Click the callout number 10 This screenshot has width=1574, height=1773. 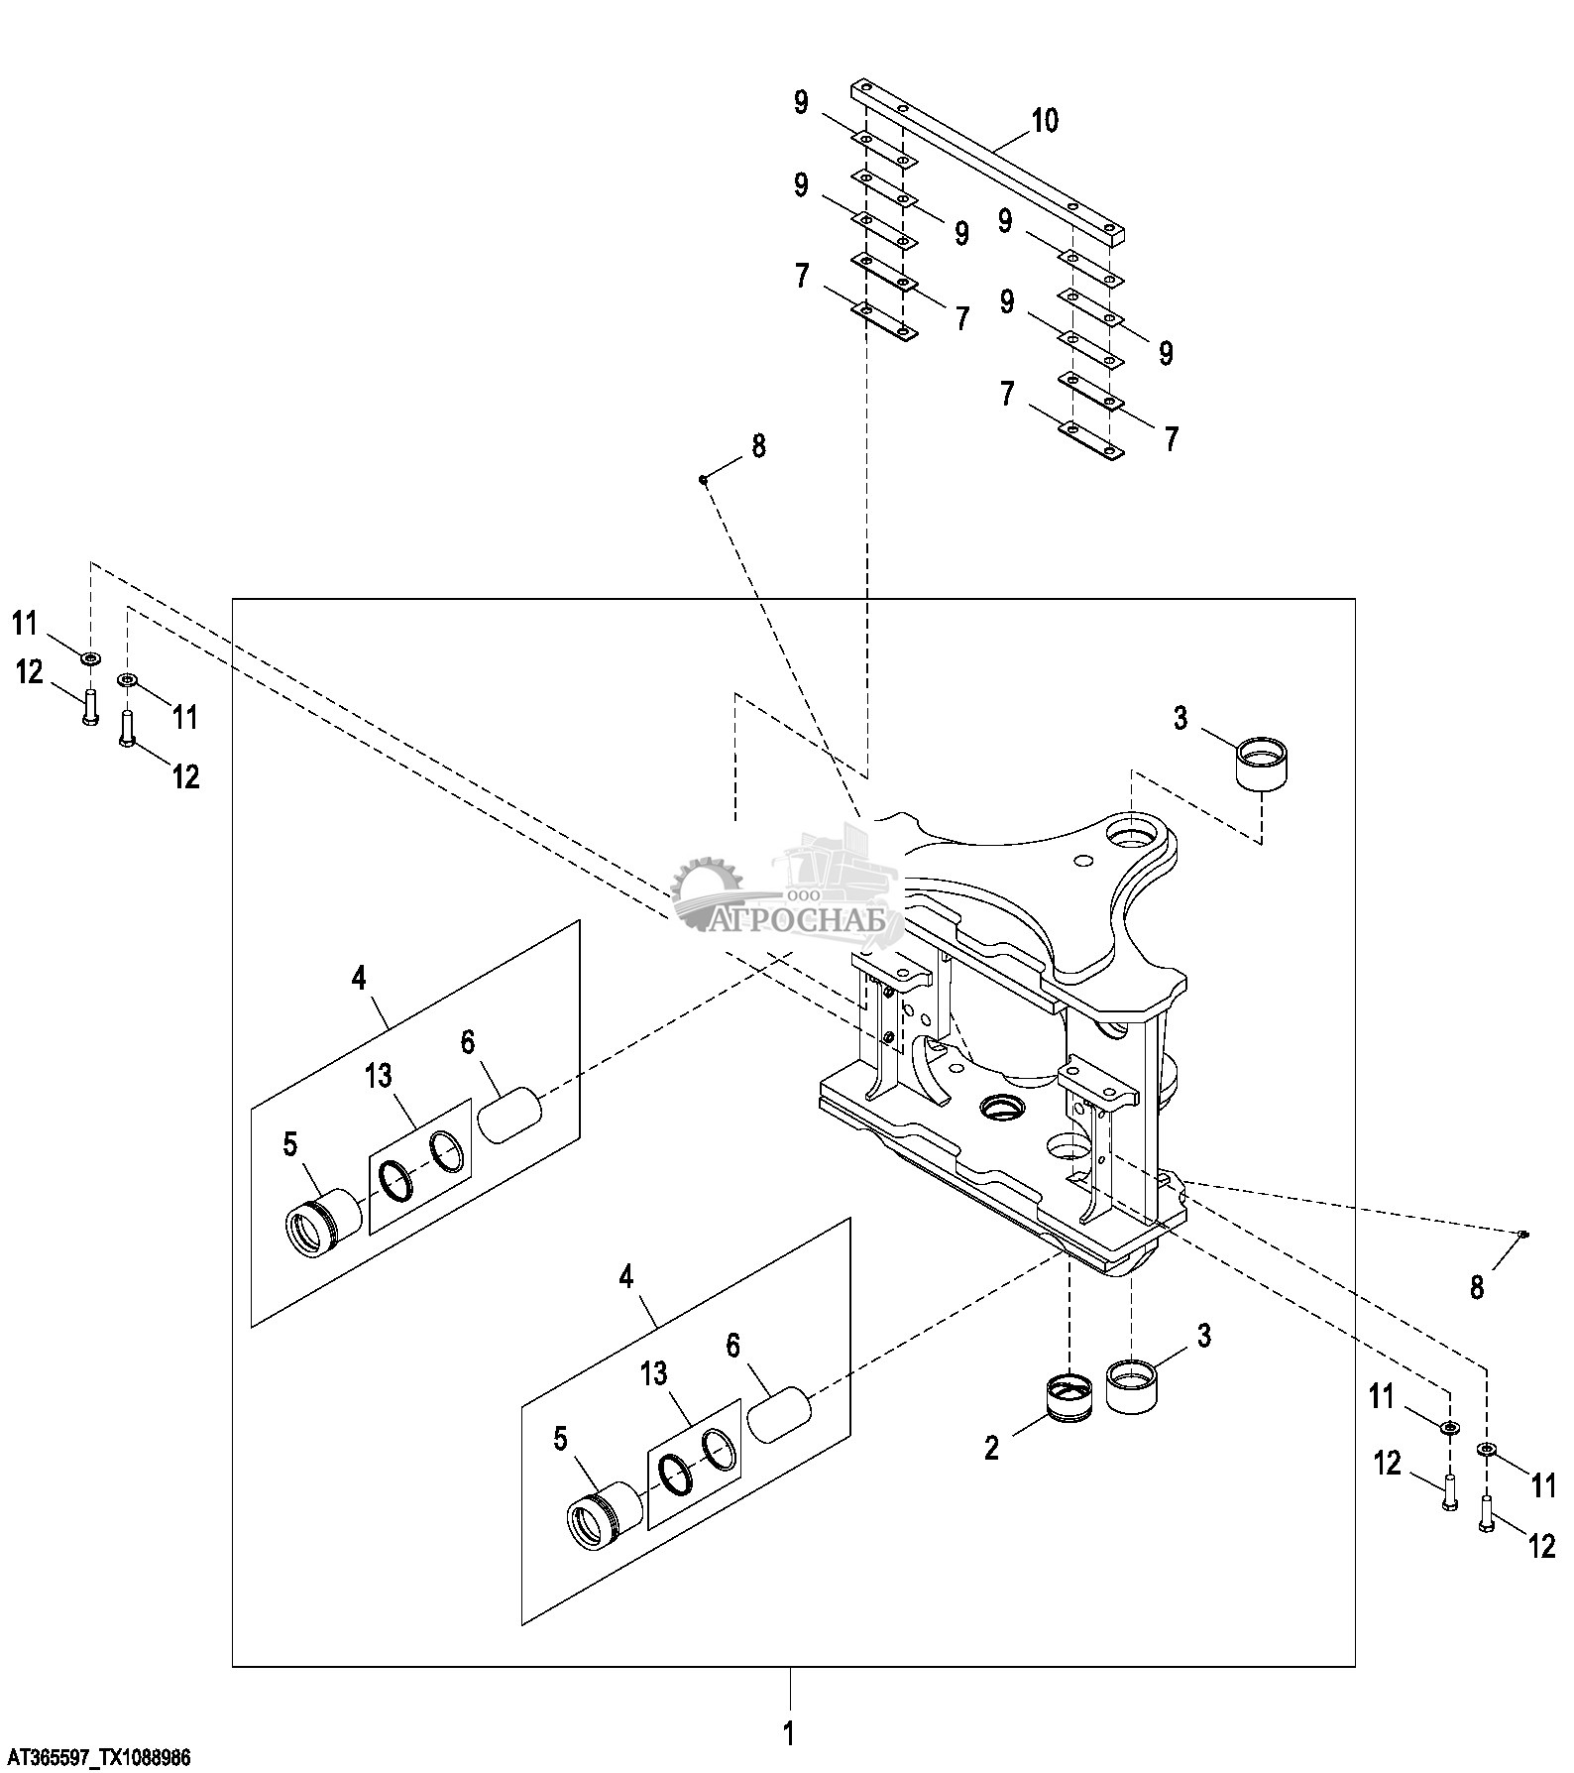(1045, 121)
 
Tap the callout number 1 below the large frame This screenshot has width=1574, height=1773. (789, 1733)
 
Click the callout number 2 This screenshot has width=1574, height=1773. (992, 1448)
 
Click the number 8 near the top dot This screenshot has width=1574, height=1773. (758, 446)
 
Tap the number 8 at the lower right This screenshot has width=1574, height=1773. (1477, 1287)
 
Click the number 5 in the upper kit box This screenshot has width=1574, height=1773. (289, 1144)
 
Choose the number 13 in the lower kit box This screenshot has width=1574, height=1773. (653, 1374)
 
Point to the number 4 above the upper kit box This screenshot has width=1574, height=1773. (359, 979)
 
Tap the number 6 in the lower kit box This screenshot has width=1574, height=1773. (732, 1346)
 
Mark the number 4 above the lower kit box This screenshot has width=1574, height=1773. (625, 1276)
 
